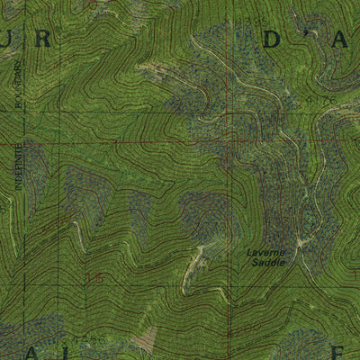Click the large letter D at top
[274, 39]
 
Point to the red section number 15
[94, 280]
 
